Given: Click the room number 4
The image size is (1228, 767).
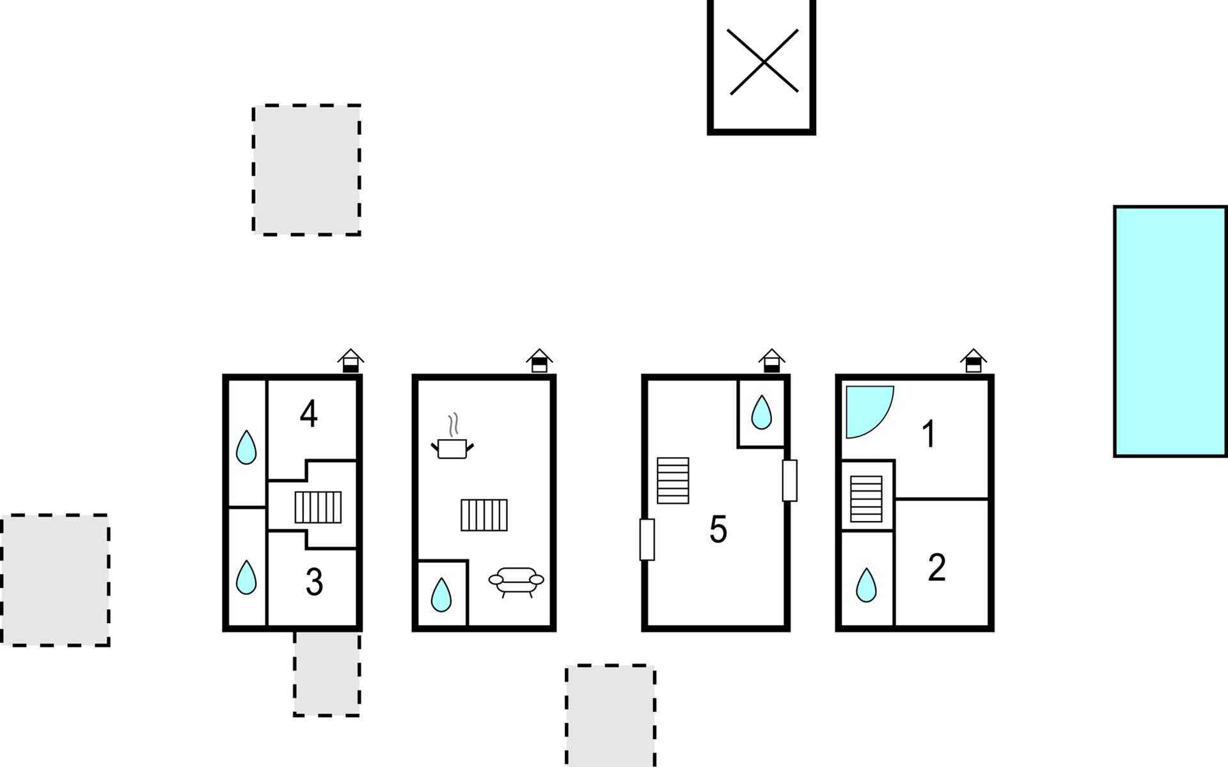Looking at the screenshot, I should coord(309,414).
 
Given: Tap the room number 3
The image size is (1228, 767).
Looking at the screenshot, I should coord(314,582).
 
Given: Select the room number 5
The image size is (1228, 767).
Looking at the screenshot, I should coord(718,530).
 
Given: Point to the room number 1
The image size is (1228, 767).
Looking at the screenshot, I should coord(929,435).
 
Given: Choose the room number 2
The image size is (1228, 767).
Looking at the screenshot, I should coord(936,568).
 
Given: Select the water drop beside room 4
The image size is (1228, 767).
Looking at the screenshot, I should coord(246,447).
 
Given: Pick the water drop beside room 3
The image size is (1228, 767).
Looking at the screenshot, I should coord(246,577).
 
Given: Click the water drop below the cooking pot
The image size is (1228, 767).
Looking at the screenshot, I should coord(441,594).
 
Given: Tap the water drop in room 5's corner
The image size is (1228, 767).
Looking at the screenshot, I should coord(761,412).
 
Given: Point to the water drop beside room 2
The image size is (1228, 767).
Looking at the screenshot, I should coord(866,585).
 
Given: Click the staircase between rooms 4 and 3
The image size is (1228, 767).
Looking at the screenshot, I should coord(318,507).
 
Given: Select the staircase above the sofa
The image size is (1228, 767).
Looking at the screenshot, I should coord(484,515).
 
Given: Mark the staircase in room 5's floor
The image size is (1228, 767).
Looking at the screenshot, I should coord(673,480).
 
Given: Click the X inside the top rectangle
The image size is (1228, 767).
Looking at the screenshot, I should coord(763,62).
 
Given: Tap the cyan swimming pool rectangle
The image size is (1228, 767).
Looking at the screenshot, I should coord(1170,331).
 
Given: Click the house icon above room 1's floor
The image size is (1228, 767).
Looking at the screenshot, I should coord(973,360).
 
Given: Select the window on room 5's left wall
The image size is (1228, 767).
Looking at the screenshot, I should coord(647,539).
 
